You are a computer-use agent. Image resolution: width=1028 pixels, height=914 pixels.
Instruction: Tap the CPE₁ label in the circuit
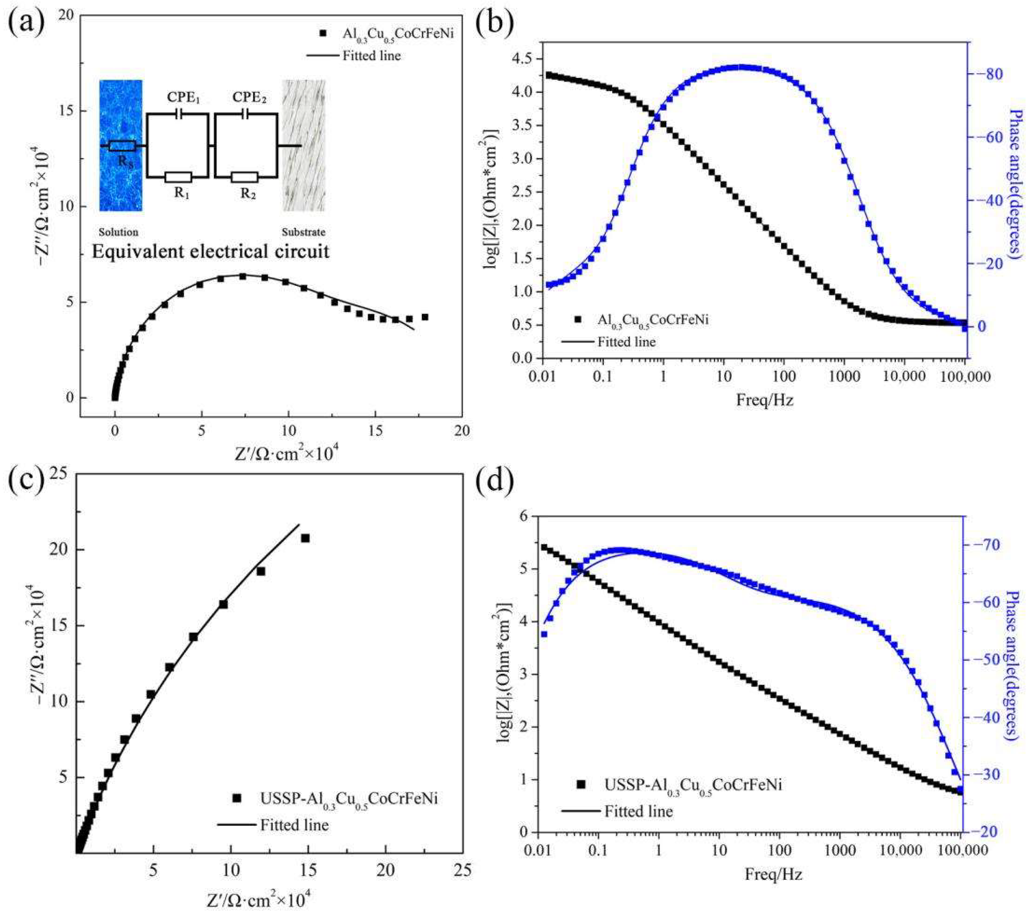coord(184,98)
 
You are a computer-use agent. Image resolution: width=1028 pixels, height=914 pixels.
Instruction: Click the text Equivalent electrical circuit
coord(210,251)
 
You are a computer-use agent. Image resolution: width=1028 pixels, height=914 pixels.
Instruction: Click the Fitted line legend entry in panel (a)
coord(371,55)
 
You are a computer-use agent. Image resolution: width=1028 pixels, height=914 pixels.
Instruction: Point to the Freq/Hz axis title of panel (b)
coord(764,400)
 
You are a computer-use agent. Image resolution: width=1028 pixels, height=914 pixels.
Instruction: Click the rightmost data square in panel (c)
coord(305,538)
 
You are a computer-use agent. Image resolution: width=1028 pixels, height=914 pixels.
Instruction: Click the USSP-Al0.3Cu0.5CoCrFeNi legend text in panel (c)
coord(348,798)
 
